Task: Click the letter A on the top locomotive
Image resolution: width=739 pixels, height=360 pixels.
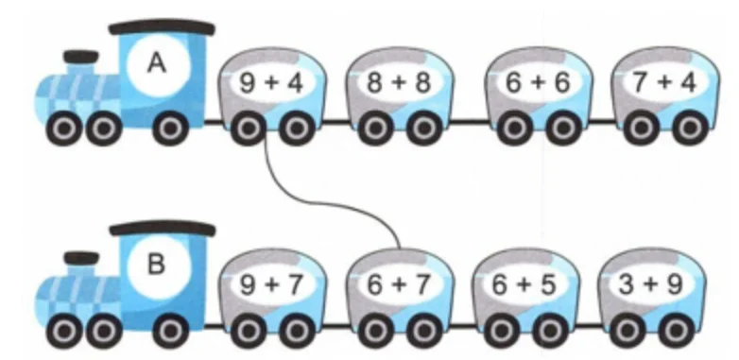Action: tap(157, 62)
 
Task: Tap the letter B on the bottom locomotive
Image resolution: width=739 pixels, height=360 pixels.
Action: tap(157, 264)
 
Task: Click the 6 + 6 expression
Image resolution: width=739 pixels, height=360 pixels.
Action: tap(538, 83)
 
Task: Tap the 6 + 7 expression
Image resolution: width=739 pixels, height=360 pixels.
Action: tap(399, 284)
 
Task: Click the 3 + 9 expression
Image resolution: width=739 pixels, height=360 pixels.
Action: tap(651, 284)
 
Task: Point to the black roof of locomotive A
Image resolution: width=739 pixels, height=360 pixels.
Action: tap(162, 27)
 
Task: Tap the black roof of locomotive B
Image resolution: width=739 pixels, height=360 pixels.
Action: tap(163, 229)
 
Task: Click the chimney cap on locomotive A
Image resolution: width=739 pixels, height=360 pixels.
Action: tap(81, 57)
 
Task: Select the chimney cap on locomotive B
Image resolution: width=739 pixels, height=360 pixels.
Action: tap(81, 258)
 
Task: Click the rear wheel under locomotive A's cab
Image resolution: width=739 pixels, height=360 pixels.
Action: tap(171, 128)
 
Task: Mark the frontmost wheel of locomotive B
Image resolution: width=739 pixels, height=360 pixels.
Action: tap(64, 331)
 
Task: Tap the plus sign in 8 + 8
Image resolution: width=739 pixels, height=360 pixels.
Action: tap(399, 83)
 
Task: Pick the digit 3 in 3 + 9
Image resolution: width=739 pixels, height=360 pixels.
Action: tap(625, 284)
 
